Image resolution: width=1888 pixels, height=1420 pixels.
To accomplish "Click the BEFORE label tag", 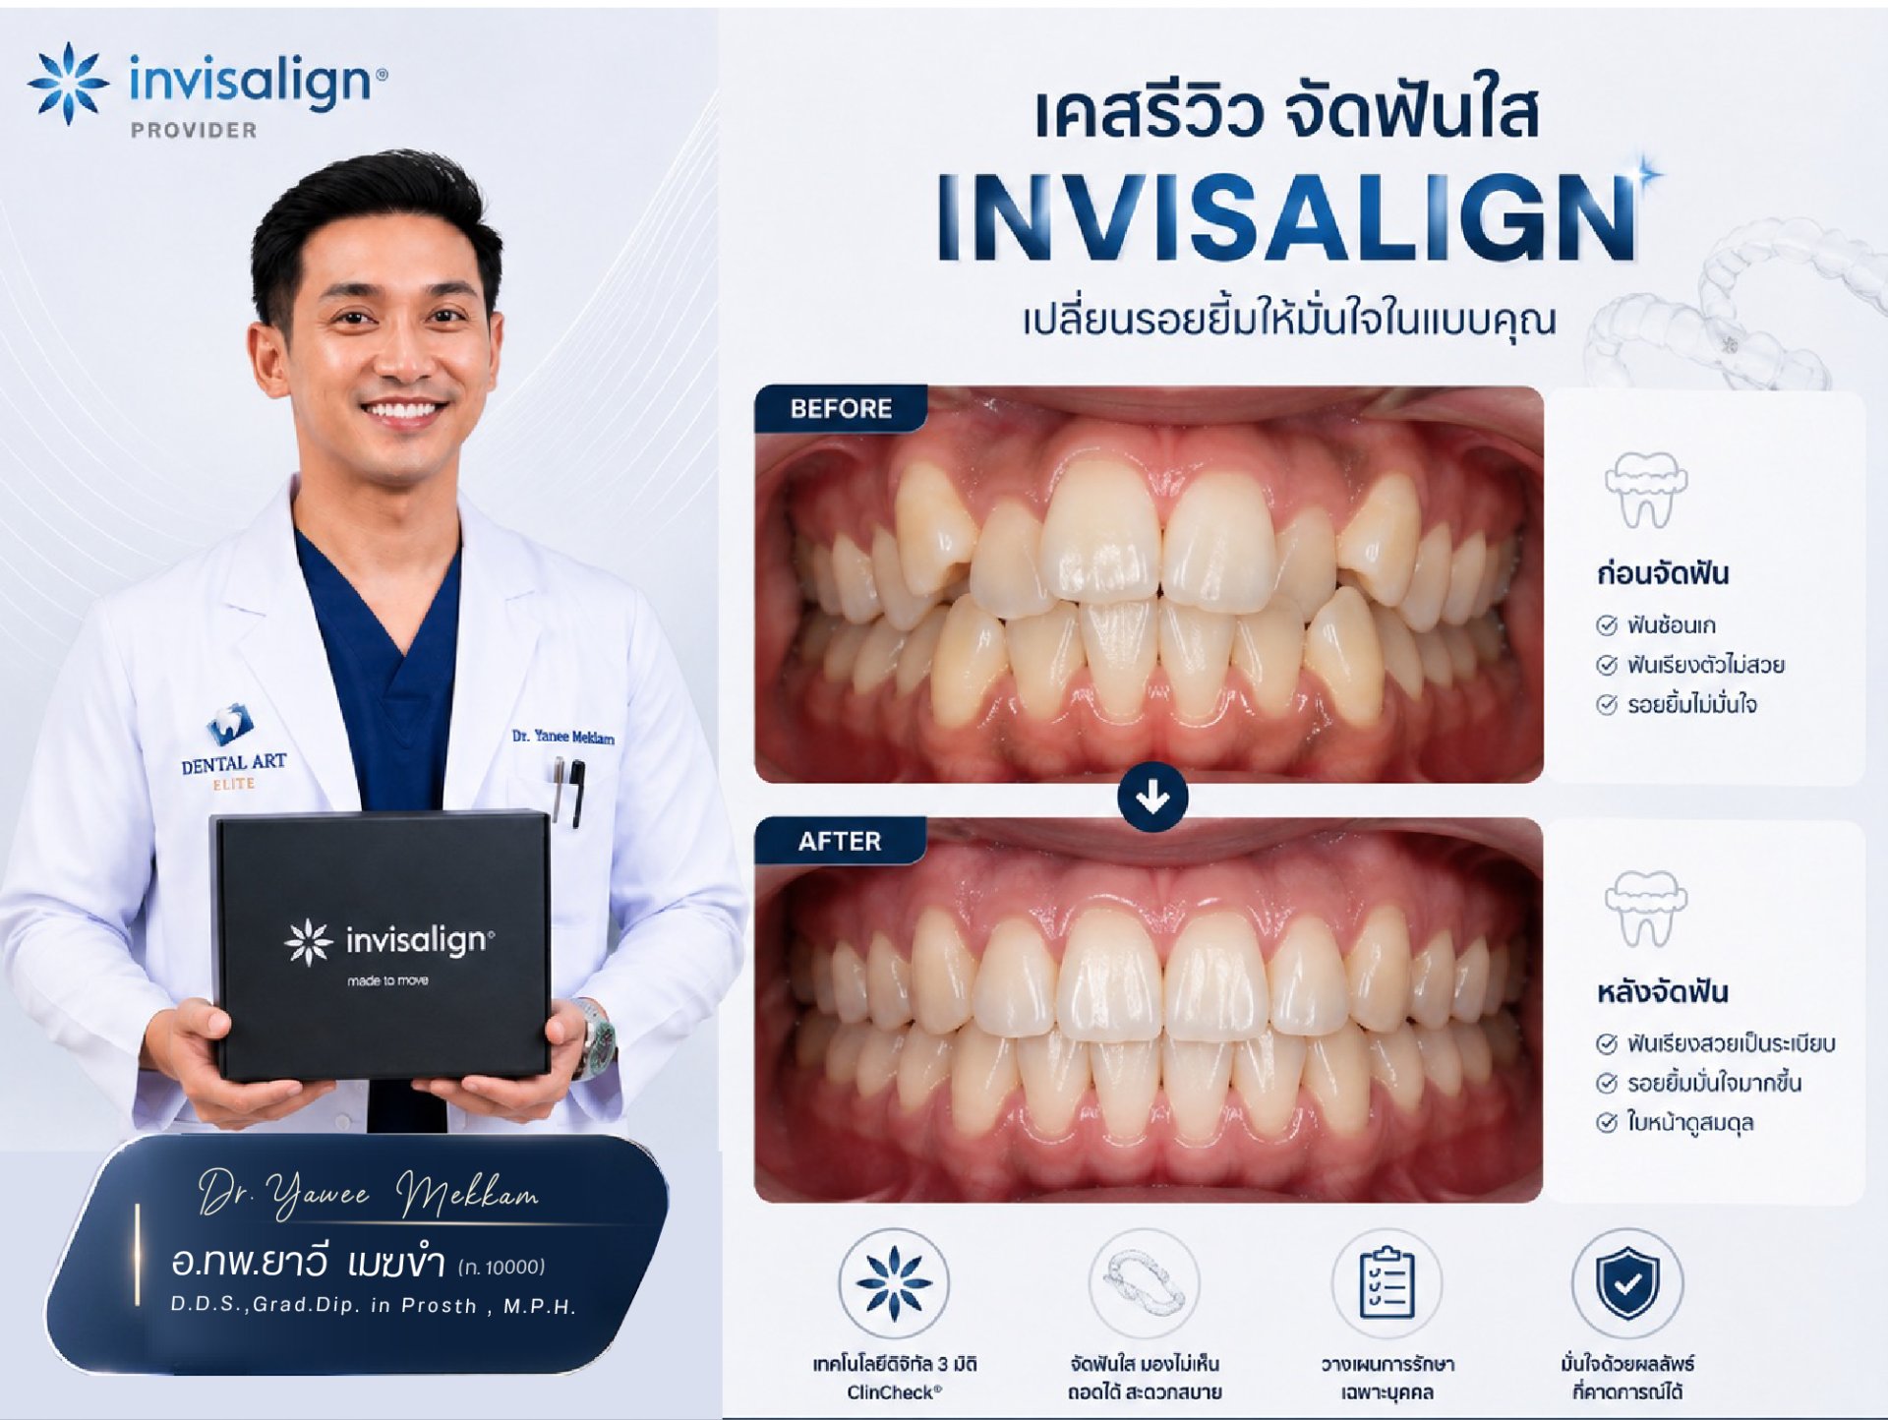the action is coord(841,408).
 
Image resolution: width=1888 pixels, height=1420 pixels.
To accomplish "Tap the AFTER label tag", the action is coord(839,841).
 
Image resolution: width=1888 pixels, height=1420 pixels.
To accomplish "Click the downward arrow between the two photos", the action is coord(1152,797).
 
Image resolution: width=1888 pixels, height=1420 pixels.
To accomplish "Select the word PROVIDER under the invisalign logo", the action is coord(194,130).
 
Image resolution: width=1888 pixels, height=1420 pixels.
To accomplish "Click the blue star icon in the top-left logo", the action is coord(68,84).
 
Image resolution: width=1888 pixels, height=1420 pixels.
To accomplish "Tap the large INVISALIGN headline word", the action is coord(1288,217).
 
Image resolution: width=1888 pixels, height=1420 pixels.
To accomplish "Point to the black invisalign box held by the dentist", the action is coord(381,946).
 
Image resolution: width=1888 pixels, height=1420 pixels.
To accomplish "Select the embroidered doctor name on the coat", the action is coord(563,737).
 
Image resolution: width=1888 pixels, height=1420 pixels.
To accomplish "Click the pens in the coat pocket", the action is coord(567,790).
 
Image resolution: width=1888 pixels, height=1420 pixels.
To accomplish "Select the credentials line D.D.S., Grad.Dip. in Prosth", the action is coord(374,1305).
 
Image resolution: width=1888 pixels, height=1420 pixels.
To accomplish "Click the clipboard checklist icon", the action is coord(1386,1282).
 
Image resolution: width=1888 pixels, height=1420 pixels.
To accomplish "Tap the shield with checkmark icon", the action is coord(1627,1282).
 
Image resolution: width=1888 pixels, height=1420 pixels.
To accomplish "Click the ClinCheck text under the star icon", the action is coord(894,1391).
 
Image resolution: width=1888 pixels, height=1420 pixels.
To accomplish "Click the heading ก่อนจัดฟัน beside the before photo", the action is coord(1663,572).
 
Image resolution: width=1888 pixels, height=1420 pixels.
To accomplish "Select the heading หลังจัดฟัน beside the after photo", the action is coord(1662,990).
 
